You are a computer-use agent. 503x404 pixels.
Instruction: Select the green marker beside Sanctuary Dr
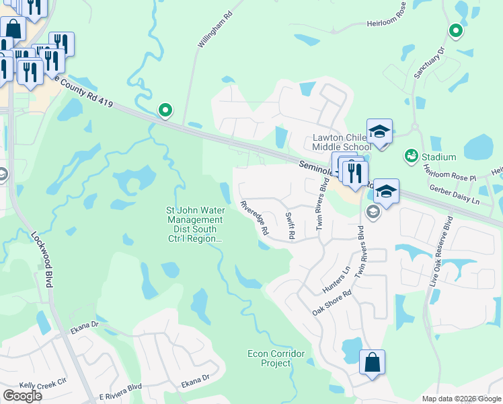pos(456,30)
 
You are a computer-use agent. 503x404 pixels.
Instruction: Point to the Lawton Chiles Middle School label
pos(342,142)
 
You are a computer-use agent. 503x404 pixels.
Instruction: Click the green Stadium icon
pos(410,157)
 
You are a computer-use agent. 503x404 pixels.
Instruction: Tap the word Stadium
pos(439,158)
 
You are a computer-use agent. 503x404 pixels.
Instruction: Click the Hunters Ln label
pos(337,279)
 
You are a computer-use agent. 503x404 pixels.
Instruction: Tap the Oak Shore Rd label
pos(332,304)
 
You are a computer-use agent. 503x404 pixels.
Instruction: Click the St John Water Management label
pos(195,224)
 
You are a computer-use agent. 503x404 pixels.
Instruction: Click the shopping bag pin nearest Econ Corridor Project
pos(372,362)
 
